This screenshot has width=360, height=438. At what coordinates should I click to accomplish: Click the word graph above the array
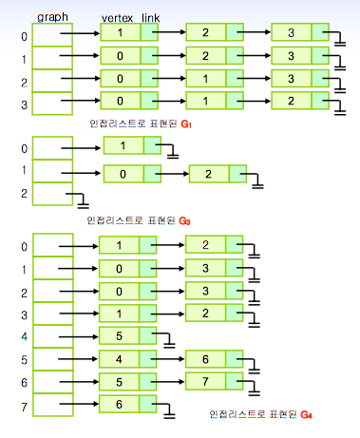click(52, 17)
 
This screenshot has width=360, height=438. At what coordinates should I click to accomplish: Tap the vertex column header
click(117, 18)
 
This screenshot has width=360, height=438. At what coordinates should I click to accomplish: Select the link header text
click(150, 18)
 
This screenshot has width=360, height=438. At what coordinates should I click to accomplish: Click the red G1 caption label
click(186, 124)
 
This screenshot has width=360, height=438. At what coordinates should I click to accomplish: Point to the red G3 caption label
click(184, 220)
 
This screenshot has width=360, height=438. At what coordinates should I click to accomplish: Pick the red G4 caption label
click(306, 414)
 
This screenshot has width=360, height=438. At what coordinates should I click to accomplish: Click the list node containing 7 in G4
click(214, 381)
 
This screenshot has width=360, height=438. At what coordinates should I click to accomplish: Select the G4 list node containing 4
click(127, 359)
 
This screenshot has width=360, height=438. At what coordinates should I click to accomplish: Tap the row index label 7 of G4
click(25, 407)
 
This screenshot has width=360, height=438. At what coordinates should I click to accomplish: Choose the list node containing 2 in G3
click(218, 174)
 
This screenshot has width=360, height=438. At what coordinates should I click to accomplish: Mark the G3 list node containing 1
click(132, 145)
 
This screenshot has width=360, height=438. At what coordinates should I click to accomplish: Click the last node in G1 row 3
click(300, 101)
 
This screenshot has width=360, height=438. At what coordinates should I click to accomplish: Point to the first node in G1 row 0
click(129, 32)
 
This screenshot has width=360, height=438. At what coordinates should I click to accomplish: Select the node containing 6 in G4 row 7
click(127, 404)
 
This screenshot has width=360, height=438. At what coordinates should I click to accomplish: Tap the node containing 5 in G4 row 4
click(127, 335)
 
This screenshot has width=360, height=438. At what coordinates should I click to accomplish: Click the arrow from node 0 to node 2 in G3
click(172, 174)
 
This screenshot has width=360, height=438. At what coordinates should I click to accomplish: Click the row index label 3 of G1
click(25, 105)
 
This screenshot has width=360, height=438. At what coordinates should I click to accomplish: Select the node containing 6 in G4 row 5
click(214, 359)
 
